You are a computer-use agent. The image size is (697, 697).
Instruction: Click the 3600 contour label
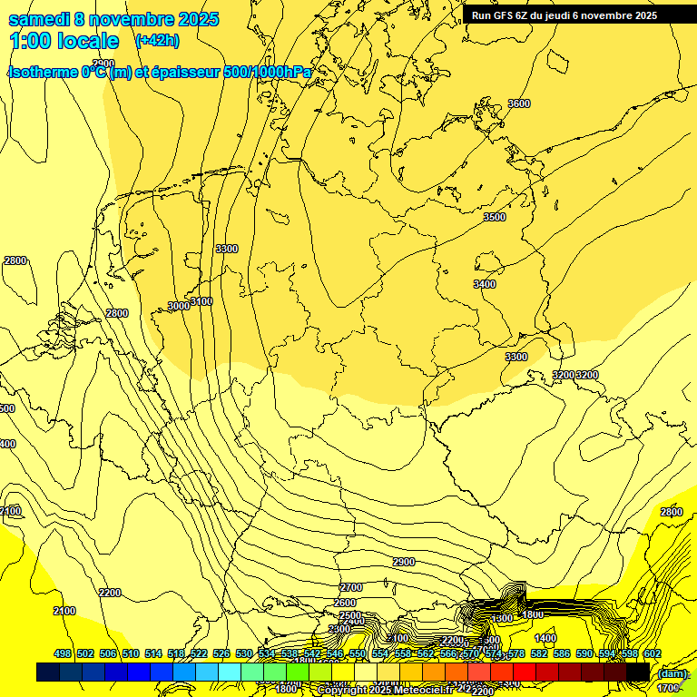(x=518, y=103)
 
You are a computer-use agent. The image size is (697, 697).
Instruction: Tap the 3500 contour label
(x=494, y=217)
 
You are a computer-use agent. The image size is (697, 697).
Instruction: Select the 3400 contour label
(x=485, y=284)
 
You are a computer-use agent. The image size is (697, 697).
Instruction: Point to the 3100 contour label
(x=201, y=301)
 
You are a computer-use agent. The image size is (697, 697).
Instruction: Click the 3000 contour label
(x=179, y=306)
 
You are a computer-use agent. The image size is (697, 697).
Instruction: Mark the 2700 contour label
(x=350, y=588)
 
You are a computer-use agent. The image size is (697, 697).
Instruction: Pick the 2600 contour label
(x=345, y=603)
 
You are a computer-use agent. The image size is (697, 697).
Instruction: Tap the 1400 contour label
(x=545, y=638)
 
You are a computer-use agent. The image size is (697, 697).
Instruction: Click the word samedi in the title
(x=42, y=19)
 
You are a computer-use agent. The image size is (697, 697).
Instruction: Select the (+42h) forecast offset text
(x=157, y=40)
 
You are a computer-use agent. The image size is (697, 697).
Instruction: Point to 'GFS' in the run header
(x=507, y=15)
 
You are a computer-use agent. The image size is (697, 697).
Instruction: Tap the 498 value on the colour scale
(x=63, y=653)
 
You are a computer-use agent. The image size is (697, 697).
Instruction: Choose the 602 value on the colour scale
(x=652, y=653)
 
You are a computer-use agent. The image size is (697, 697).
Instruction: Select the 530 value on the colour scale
(x=243, y=653)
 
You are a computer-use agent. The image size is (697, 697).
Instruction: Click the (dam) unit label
(x=672, y=673)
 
